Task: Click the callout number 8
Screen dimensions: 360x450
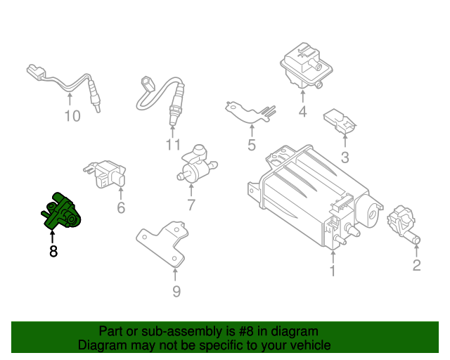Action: coord(53,251)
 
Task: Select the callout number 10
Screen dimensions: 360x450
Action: coord(72,116)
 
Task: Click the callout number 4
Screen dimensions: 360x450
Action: coord(302,111)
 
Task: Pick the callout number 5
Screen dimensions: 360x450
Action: coord(251,146)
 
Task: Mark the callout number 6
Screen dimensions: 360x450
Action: coord(120,207)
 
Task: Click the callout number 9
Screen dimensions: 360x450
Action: coord(176,291)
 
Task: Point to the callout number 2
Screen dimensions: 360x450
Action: coord(416,265)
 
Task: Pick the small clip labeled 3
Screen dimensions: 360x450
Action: coord(338,122)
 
